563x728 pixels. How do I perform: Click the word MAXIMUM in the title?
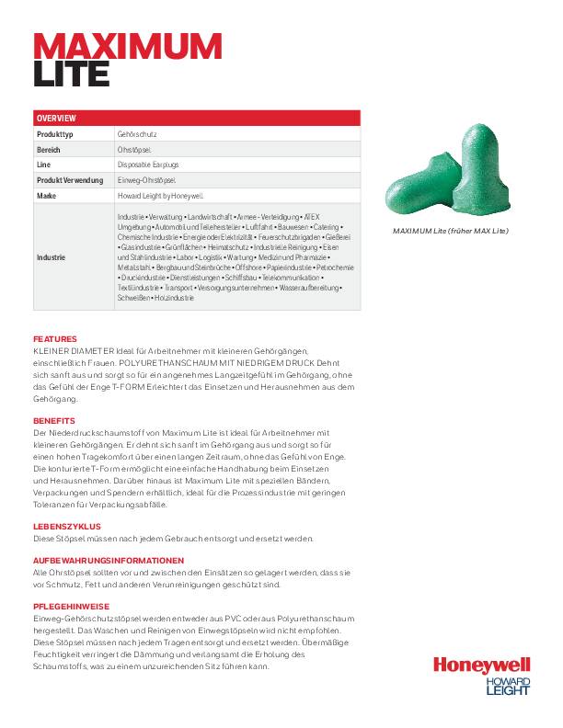127,45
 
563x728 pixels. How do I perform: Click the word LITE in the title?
72,73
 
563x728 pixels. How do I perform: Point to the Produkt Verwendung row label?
70,180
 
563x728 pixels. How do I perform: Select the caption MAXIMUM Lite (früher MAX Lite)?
450,230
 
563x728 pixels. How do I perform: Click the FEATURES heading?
55,339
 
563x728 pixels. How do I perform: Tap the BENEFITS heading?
54,420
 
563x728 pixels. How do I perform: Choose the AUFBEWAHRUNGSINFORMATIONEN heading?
102,561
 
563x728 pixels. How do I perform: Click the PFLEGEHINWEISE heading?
72,607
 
